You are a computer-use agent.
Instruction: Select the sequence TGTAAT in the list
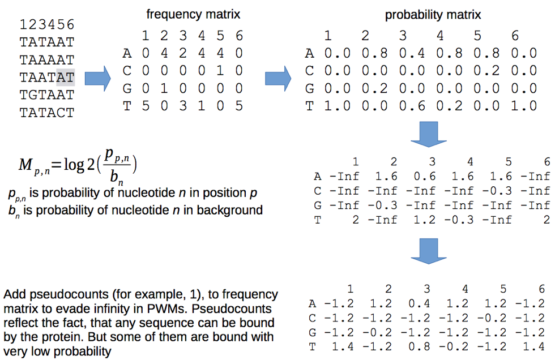point(46,95)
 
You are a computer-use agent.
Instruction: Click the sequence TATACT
point(46,112)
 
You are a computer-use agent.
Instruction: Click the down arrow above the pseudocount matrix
point(429,250)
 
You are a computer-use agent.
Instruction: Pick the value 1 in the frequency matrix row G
point(164,89)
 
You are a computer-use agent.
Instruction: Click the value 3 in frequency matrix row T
point(182,106)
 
